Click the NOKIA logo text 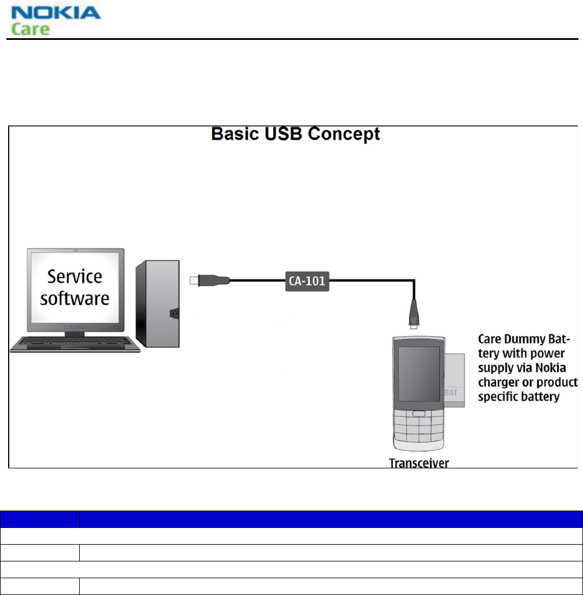tap(56, 13)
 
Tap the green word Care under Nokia tap(30, 29)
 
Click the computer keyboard tap(75, 343)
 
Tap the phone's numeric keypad tap(414, 431)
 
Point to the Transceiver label tap(419, 463)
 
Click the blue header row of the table tap(291, 519)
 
